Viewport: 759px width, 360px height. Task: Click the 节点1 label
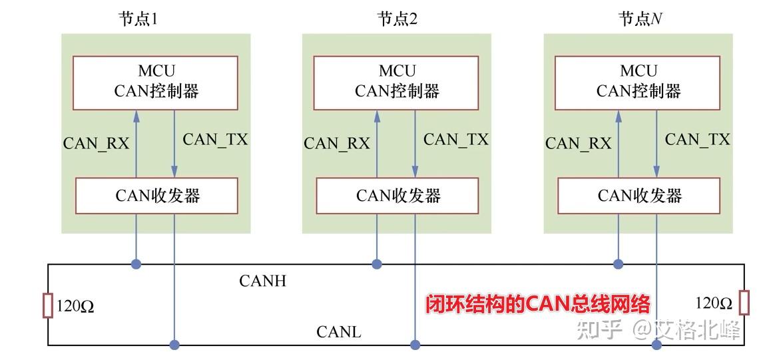[138, 19]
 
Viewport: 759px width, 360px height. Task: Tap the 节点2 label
[397, 19]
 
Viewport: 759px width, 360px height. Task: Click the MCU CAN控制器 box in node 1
[155, 82]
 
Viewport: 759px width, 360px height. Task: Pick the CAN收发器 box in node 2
[397, 196]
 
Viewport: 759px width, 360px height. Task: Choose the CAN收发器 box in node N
[639, 196]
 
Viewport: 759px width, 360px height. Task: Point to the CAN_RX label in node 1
[96, 143]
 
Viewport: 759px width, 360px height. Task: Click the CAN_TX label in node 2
[456, 140]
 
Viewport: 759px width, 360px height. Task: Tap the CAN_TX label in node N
[697, 140]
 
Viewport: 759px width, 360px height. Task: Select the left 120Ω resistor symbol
[48, 305]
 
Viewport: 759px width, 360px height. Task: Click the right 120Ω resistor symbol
[744, 303]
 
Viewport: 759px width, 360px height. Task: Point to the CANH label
[262, 281]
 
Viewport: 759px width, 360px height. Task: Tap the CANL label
[339, 331]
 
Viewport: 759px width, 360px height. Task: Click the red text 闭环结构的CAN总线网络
[538, 304]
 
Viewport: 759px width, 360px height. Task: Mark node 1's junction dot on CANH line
[136, 264]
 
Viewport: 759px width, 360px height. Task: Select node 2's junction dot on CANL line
[415, 345]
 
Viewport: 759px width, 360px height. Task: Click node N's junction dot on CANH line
[618, 264]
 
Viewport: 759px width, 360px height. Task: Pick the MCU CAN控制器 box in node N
[638, 82]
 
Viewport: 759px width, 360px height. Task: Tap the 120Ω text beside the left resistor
[75, 306]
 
